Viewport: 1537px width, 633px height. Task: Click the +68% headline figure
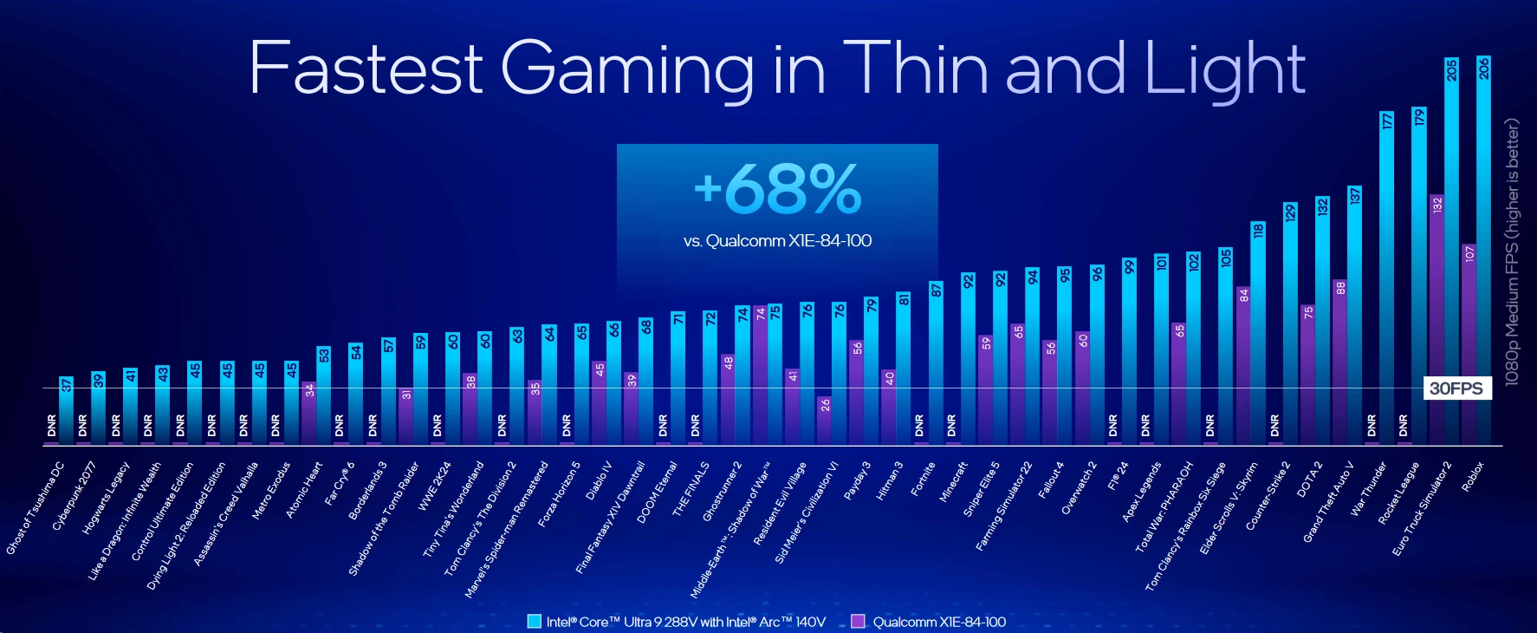coord(777,189)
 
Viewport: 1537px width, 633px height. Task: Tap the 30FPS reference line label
coord(1456,388)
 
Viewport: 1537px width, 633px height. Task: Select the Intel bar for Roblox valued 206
coord(1484,251)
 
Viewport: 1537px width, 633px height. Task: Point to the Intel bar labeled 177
coord(1387,277)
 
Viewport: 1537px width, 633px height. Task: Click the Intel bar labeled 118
coord(1258,333)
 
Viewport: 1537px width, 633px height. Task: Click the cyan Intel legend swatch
coord(534,621)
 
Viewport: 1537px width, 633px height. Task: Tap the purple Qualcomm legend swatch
coord(858,621)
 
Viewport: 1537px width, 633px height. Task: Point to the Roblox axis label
coord(1473,477)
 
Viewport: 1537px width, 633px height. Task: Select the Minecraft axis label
coord(953,482)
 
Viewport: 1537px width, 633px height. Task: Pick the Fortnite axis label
coord(923,479)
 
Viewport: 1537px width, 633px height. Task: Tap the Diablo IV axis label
coord(599,480)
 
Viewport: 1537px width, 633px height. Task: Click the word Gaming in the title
coord(627,69)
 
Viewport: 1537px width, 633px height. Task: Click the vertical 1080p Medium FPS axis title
coord(1513,251)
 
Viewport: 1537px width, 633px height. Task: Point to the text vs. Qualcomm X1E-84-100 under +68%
coord(777,240)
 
